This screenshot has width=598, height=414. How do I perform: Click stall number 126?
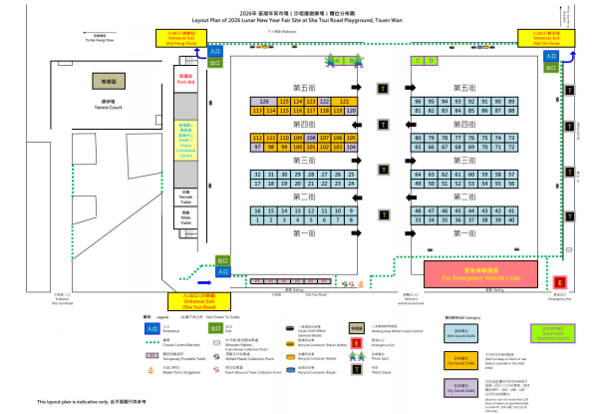click(x=264, y=102)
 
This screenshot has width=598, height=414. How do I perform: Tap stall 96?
click(x=418, y=102)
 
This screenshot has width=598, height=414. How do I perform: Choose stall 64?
click(x=418, y=174)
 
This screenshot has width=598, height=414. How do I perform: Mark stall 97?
click(x=257, y=147)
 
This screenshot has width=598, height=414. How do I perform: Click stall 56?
click(x=512, y=184)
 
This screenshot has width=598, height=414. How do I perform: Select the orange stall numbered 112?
click(x=257, y=137)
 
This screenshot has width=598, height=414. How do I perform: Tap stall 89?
click(x=512, y=102)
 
